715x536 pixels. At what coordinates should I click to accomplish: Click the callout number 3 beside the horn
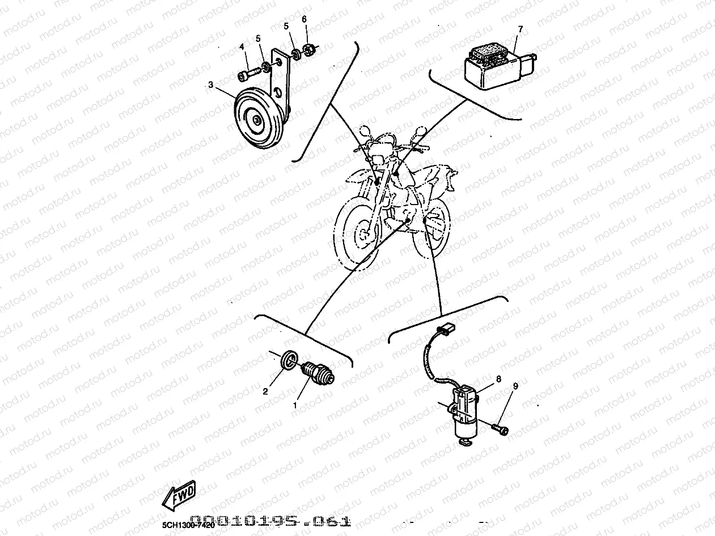210,85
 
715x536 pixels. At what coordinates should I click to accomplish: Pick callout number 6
304,19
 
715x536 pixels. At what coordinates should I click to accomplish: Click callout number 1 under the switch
294,406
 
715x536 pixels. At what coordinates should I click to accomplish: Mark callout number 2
265,391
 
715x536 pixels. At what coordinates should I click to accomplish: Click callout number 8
498,378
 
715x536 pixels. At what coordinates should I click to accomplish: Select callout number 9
515,386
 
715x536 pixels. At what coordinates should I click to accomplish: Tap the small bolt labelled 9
500,429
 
